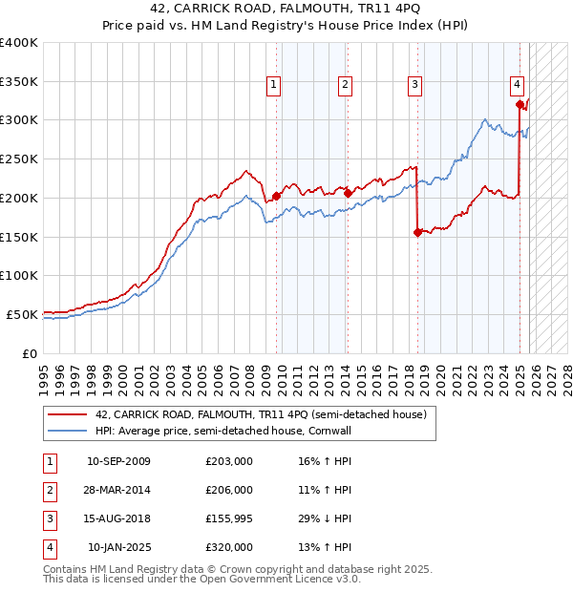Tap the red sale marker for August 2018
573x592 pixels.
pyautogui.click(x=417, y=232)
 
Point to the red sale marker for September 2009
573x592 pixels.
pyautogui.click(x=276, y=196)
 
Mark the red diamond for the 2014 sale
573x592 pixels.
pyautogui.click(x=348, y=193)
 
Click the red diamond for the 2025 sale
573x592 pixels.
pyautogui.click(x=519, y=104)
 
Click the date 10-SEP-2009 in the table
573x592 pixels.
pyautogui.click(x=118, y=461)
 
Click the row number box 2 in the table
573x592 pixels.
pyautogui.click(x=49, y=490)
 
